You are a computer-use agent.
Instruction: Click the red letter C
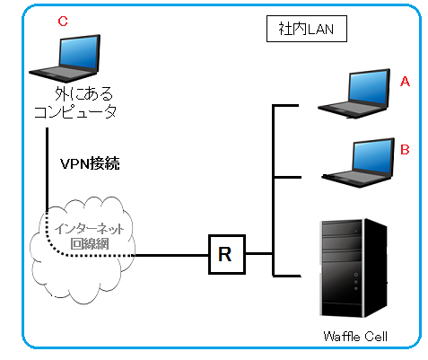click(63, 22)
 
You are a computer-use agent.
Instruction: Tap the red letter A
click(405, 81)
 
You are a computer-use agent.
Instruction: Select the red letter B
click(405, 149)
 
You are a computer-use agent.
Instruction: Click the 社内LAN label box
click(307, 29)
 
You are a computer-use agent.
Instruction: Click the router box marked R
click(227, 254)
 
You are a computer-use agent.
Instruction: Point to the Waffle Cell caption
click(355, 337)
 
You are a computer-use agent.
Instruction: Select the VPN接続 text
click(90, 163)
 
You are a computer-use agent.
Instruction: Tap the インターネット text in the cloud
click(89, 229)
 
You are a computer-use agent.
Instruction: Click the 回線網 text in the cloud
click(90, 244)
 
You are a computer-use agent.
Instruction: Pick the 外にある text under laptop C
click(83, 93)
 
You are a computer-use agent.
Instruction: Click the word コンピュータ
click(75, 112)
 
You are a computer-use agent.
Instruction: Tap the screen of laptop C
click(79, 53)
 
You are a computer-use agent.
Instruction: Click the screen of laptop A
click(370, 88)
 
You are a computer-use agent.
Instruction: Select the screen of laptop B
click(373, 157)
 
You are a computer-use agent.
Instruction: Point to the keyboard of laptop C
click(64, 74)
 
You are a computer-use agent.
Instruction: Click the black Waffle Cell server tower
click(354, 268)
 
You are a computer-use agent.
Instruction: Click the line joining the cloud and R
click(171, 255)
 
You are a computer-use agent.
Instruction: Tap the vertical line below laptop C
click(47, 170)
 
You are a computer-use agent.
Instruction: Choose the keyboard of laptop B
click(357, 179)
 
